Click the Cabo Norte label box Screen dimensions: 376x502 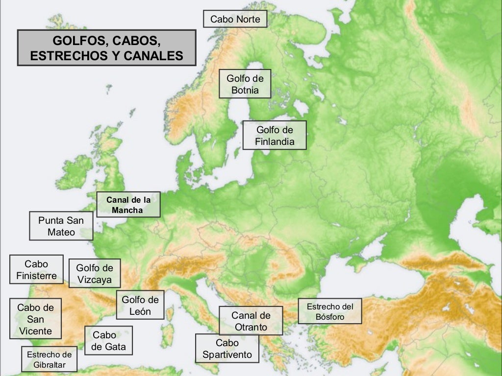[x=235, y=19]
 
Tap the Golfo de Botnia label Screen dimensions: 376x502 [x=245, y=84]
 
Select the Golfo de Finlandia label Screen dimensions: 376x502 [x=275, y=136]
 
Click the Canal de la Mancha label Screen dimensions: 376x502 [x=128, y=205]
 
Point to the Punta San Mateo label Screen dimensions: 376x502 [x=61, y=226]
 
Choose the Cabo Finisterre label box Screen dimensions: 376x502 [x=36, y=270]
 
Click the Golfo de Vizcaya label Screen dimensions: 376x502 [x=95, y=274]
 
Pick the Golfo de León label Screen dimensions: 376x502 [x=140, y=305]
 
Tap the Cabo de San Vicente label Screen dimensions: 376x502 [x=35, y=319]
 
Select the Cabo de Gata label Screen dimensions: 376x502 [x=108, y=341]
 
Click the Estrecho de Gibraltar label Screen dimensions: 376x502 [x=49, y=360]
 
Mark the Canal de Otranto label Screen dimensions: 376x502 [x=251, y=321]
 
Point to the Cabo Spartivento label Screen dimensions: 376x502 [x=227, y=348]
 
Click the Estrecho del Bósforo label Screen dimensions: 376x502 [x=330, y=311]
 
